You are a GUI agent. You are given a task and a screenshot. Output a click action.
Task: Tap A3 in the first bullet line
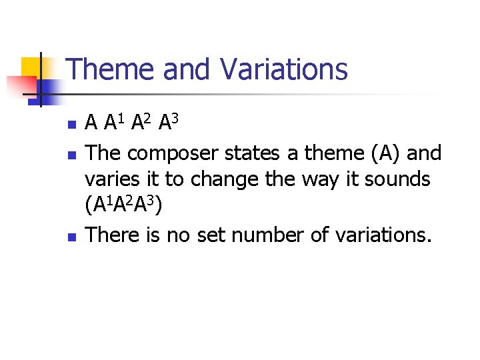(x=167, y=122)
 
